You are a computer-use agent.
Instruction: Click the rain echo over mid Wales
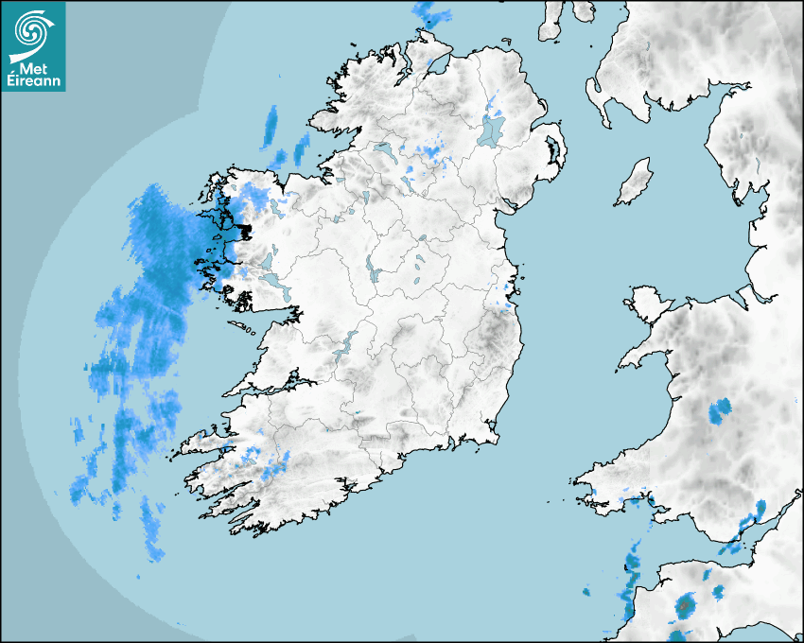(x=720, y=411)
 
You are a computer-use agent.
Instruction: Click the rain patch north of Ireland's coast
(x=432, y=13)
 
